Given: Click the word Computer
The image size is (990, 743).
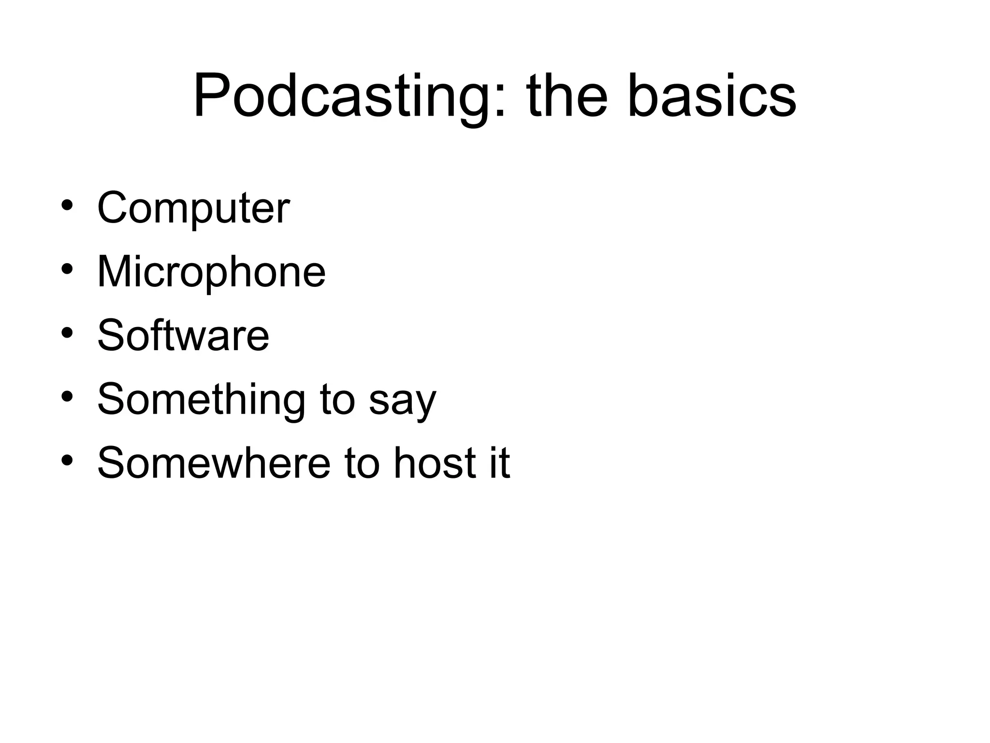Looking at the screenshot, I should pos(193,208).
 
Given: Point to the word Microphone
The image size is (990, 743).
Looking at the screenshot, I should pos(211,272).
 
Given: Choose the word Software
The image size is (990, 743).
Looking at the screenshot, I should pos(183,336).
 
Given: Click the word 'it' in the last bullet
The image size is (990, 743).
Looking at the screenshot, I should pos(500,463).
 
